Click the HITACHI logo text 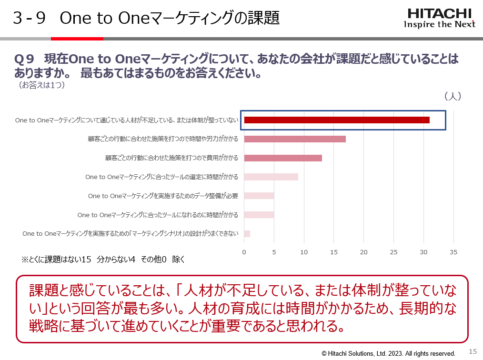(439, 13)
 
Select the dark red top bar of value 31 (337, 120)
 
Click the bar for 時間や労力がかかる (295, 139)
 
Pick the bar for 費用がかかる (283, 158)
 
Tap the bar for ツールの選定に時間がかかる (271, 177)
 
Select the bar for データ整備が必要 (259, 196)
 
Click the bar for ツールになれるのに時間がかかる (259, 215)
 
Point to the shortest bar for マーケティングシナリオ (247, 234)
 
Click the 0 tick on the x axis (244, 251)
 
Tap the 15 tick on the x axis (334, 251)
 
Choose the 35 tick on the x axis (453, 251)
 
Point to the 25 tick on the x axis (393, 251)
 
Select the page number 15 (473, 351)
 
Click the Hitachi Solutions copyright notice (388, 353)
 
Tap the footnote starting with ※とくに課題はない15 (102, 260)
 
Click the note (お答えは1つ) (41, 85)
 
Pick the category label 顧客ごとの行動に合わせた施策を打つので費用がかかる (171, 158)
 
